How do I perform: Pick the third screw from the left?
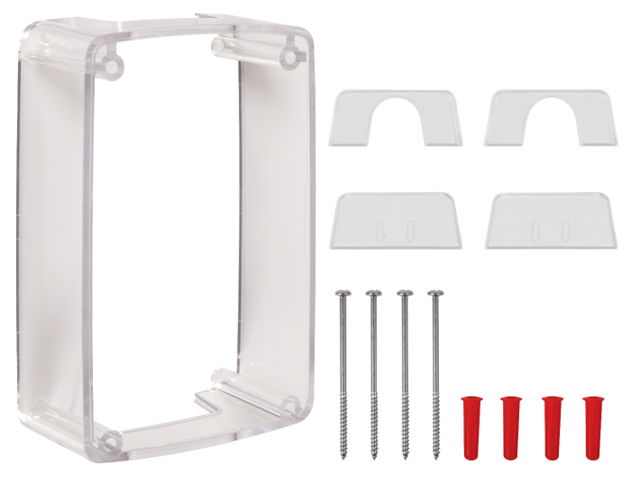point(405,360)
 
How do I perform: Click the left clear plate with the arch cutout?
point(398,122)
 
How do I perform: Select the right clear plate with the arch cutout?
point(549,122)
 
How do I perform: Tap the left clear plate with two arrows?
point(398,221)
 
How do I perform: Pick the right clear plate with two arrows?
point(549,221)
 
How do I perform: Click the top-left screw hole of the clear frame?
point(112,62)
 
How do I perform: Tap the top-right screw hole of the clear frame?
point(289,57)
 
